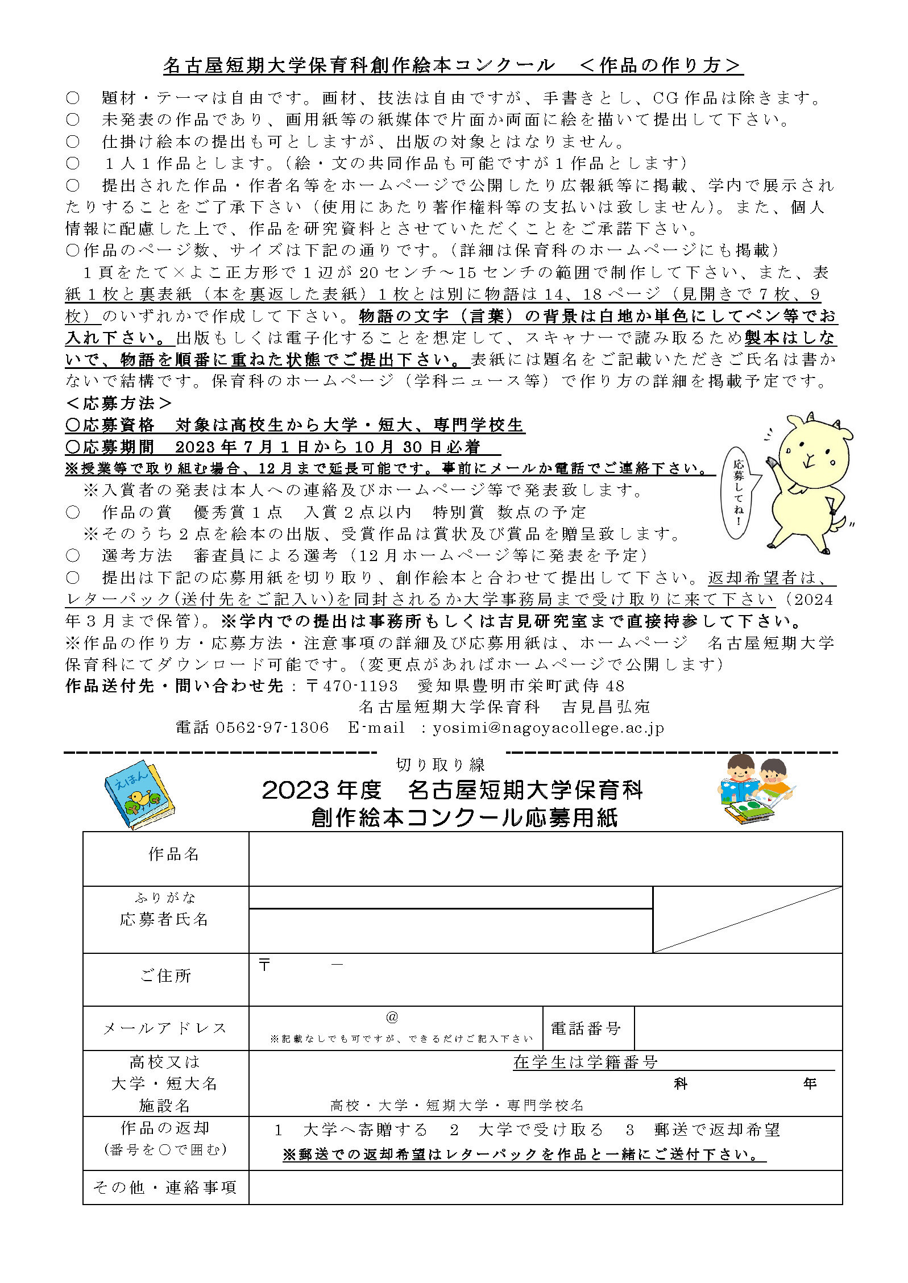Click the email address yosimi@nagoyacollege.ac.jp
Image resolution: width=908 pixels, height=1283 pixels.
(548, 728)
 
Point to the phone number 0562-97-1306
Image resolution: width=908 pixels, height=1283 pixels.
(272, 728)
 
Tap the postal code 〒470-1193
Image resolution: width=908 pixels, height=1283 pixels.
(351, 686)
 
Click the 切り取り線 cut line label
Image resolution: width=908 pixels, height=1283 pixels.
(440, 765)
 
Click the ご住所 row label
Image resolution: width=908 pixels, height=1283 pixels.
(165, 975)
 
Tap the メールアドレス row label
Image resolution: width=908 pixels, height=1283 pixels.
(165, 1028)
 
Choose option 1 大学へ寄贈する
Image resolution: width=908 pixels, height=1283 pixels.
(351, 1130)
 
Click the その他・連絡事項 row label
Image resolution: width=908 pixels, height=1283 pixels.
(165, 1187)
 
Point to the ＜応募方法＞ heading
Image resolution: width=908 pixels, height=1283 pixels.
(119, 404)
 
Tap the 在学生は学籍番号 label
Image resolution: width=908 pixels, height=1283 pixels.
(585, 1062)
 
